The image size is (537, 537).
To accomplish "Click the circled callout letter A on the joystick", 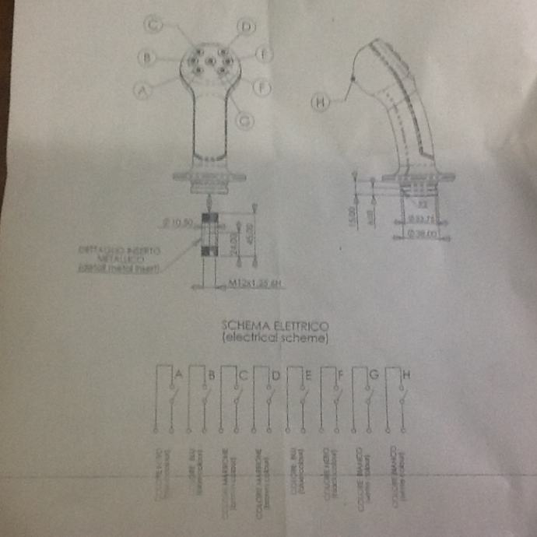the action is (x=142, y=90).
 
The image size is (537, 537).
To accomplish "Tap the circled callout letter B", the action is (x=144, y=57).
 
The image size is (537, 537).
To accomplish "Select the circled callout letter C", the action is (x=154, y=24).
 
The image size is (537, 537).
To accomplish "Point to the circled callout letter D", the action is (x=247, y=27).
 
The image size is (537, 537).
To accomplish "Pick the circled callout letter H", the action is (x=320, y=101).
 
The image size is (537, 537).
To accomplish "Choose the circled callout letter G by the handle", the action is (x=244, y=120).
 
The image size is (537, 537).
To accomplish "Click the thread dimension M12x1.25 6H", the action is (x=254, y=285).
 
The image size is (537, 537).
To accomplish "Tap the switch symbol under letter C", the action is (x=236, y=401).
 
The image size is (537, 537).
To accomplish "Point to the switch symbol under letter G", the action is (x=367, y=401).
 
